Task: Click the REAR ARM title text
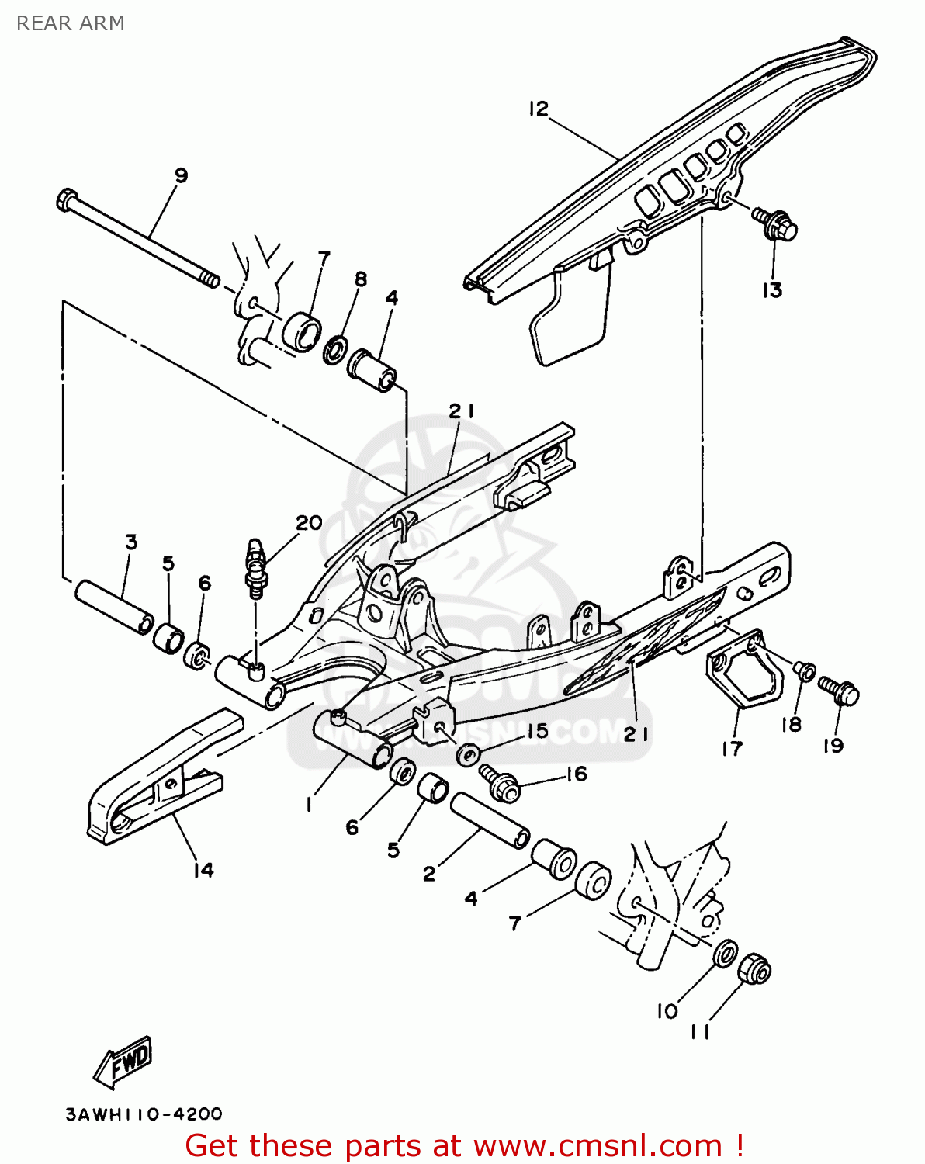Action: tap(71, 23)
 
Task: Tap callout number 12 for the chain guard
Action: tap(539, 109)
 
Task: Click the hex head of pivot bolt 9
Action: tap(66, 200)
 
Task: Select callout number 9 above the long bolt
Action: tap(181, 175)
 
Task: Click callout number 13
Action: tap(772, 290)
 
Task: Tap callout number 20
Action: tap(309, 523)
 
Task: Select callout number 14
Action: tap(203, 871)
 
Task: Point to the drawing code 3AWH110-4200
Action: tap(144, 1114)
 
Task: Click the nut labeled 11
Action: tap(754, 969)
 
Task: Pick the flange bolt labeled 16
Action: tap(500, 785)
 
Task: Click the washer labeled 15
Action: tap(468, 753)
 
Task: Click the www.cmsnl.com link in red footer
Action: tap(598, 1145)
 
